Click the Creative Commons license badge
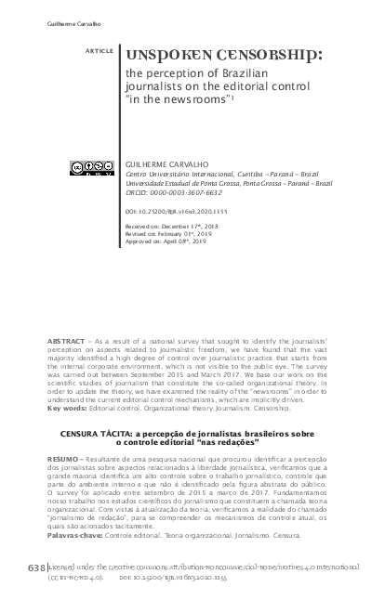(90, 168)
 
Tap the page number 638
(35, 566)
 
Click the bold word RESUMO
(63, 459)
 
